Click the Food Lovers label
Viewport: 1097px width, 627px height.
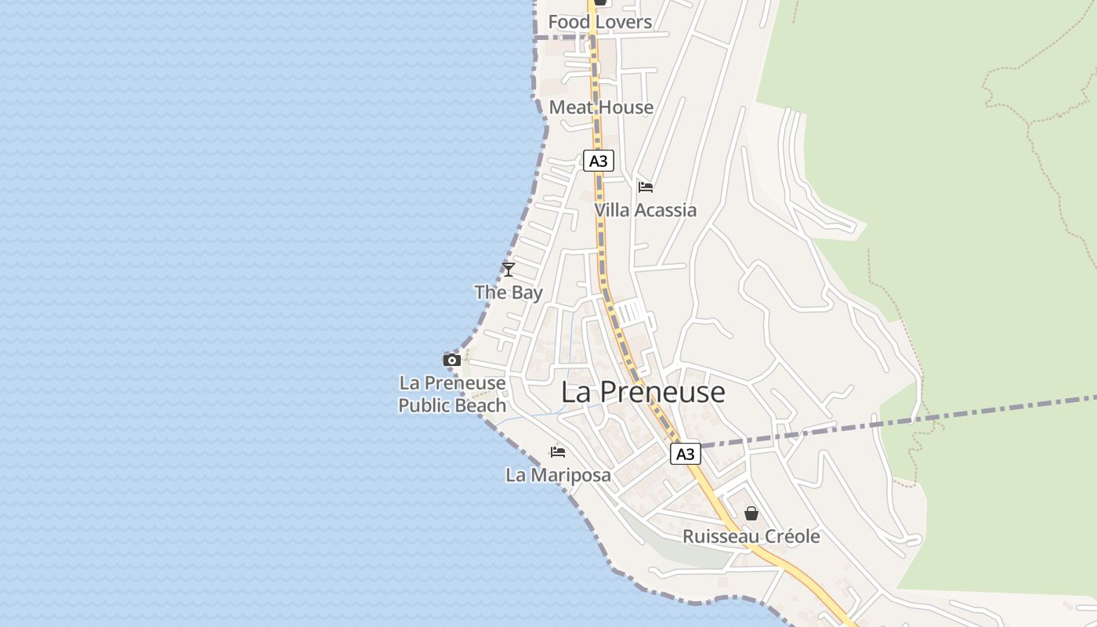pyautogui.click(x=599, y=22)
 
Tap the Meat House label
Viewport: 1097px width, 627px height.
pyautogui.click(x=601, y=107)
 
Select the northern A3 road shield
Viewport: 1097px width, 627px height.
pyautogui.click(x=598, y=161)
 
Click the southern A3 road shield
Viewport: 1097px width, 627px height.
pyautogui.click(x=685, y=454)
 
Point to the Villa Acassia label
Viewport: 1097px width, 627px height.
pyautogui.click(x=645, y=210)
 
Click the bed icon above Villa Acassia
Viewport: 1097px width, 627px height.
pyautogui.click(x=646, y=187)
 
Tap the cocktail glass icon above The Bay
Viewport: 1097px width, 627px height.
pyautogui.click(x=509, y=270)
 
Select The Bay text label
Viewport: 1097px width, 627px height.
pyautogui.click(x=509, y=293)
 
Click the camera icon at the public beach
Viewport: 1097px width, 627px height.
pyautogui.click(x=452, y=360)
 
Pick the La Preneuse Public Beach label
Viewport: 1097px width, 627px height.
pyautogui.click(x=452, y=394)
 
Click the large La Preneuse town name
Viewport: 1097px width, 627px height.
pyautogui.click(x=643, y=392)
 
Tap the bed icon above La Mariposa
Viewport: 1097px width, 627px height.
pyautogui.click(x=558, y=452)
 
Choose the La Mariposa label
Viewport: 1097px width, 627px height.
pyautogui.click(x=558, y=475)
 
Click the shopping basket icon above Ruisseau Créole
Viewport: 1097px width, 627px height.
pyautogui.click(x=751, y=513)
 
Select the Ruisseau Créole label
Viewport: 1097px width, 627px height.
pyautogui.click(x=751, y=537)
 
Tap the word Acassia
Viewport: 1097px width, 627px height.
pyautogui.click(x=665, y=210)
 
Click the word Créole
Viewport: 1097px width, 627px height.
pyautogui.click(x=792, y=537)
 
